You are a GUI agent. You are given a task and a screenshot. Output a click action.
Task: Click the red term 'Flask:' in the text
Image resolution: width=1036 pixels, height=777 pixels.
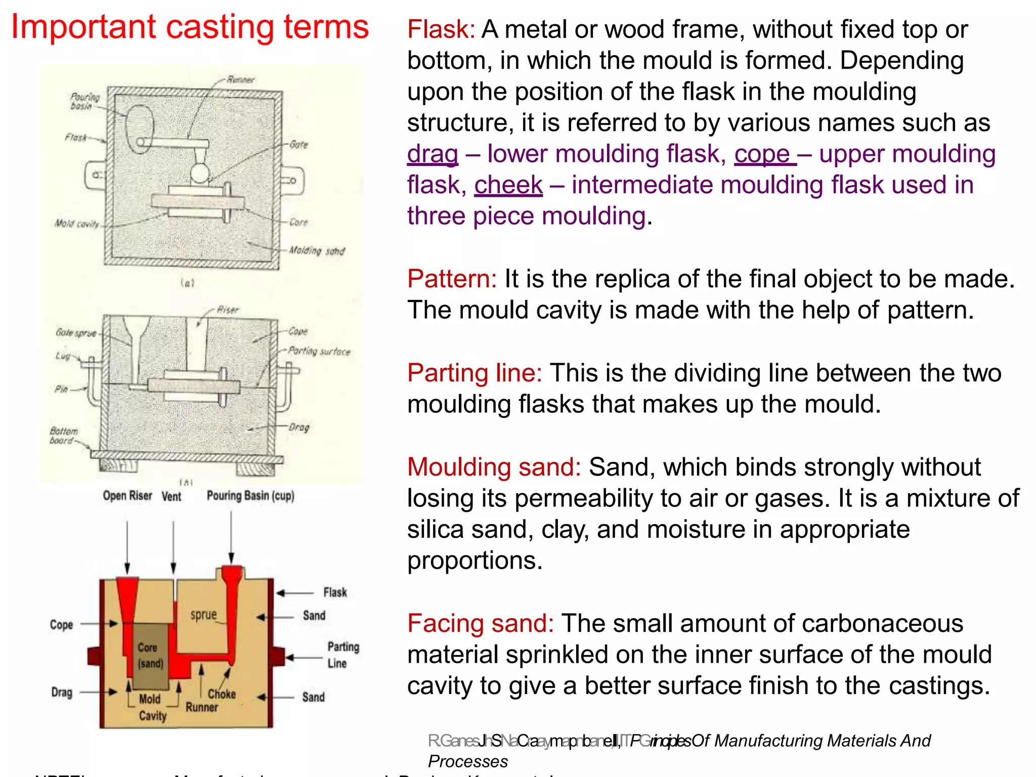tap(441, 29)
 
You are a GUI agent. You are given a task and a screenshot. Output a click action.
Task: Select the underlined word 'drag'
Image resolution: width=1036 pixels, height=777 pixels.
tap(433, 154)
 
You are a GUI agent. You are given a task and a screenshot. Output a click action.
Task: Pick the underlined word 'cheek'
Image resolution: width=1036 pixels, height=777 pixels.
tap(508, 185)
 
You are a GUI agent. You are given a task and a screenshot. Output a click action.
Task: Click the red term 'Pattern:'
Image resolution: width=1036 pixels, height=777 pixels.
tap(452, 279)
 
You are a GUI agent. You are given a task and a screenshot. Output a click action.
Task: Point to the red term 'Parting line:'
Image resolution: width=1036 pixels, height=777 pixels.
tap(474, 373)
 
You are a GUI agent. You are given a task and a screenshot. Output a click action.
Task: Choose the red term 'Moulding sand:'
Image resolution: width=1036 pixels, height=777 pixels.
tap(494, 467)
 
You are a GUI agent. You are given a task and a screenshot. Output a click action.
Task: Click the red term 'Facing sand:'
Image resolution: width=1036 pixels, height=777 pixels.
tap(481, 623)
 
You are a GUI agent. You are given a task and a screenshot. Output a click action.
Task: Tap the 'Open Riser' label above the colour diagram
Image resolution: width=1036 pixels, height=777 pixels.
tap(127, 496)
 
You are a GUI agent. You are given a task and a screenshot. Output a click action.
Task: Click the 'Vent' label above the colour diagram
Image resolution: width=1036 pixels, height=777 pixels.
tap(171, 496)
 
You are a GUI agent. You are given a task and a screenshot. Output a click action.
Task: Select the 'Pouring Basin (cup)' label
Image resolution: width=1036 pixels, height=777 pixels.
tap(250, 496)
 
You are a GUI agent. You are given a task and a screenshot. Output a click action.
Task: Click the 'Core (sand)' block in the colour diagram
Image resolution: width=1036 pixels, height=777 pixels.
tap(150, 655)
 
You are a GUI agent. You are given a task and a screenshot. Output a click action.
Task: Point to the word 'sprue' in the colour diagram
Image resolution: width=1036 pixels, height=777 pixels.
tap(203, 615)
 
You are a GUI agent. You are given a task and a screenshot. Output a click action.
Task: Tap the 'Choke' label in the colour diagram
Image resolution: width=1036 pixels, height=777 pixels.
tap(222, 694)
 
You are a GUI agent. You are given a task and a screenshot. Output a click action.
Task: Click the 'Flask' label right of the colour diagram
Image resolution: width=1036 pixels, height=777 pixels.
tap(335, 592)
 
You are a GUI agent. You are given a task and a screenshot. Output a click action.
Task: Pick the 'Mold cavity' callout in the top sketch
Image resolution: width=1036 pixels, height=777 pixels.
tap(77, 224)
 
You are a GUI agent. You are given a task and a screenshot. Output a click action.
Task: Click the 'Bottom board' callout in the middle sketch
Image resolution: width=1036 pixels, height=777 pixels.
tap(64, 436)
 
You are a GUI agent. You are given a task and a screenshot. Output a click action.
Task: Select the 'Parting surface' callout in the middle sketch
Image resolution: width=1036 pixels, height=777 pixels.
tap(319, 351)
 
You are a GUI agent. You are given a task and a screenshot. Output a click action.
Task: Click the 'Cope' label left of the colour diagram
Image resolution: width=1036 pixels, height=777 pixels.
tap(61, 625)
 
